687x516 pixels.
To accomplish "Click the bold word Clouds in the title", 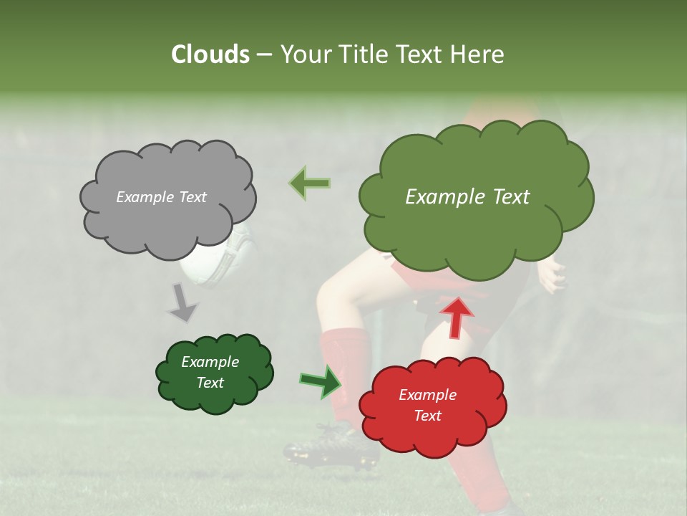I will click(x=210, y=54).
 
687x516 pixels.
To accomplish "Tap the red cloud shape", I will click(x=433, y=430).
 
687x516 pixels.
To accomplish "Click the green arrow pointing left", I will click(x=309, y=183).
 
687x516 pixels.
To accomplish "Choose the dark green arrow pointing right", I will click(x=321, y=381).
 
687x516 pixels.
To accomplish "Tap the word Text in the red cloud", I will click(x=427, y=416).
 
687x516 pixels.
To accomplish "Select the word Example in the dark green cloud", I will click(x=210, y=362).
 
